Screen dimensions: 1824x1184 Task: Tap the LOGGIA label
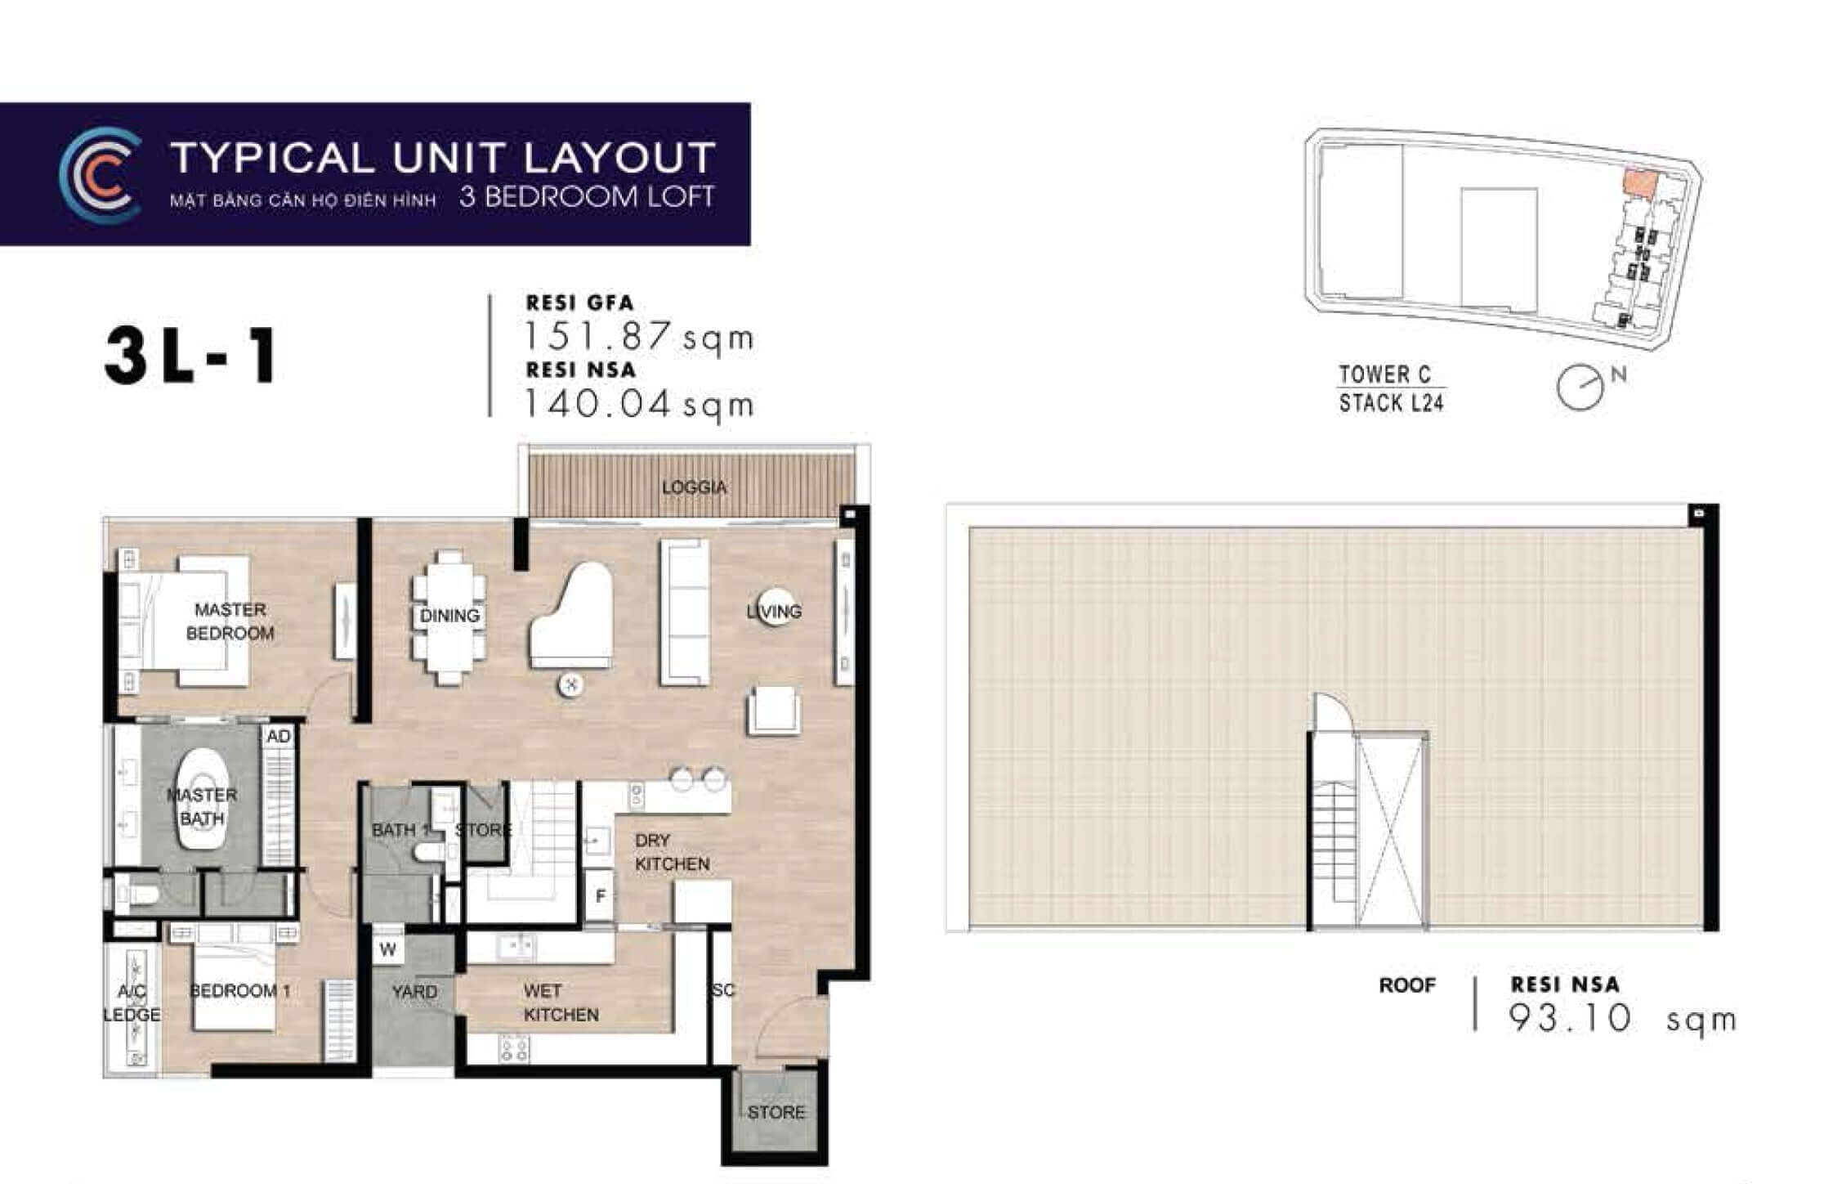tap(694, 487)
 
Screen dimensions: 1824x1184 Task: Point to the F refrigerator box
tap(601, 896)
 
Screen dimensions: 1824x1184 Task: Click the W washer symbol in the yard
tap(387, 949)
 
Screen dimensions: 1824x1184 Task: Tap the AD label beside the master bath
tap(278, 736)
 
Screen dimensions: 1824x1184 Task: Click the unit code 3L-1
tap(190, 357)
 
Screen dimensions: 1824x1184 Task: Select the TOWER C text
tap(1384, 374)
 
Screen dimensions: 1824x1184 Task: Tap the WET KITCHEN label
tap(561, 1003)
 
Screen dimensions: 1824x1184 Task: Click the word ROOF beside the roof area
tap(1406, 985)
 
